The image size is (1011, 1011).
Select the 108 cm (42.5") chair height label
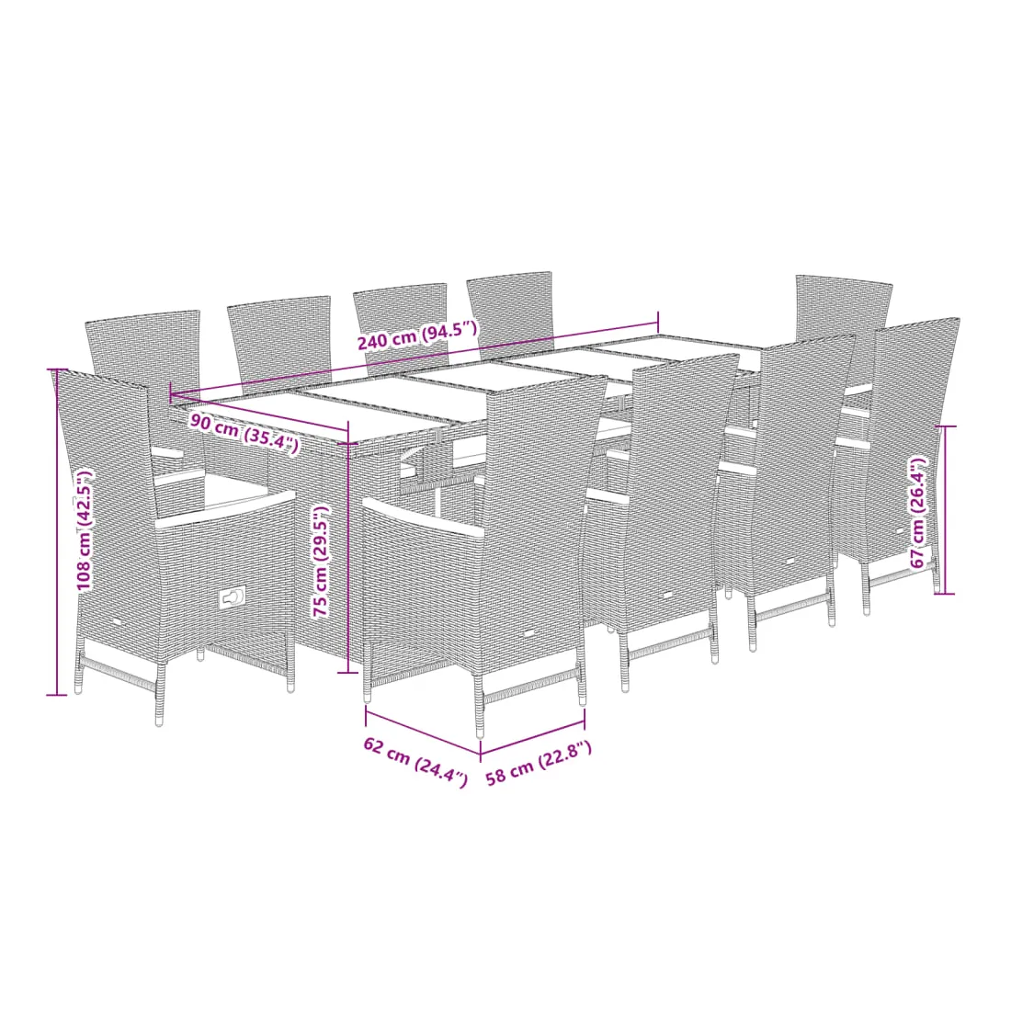[x=85, y=530]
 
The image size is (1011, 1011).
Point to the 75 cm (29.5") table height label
[x=321, y=561]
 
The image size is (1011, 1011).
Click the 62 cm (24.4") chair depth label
[x=415, y=762]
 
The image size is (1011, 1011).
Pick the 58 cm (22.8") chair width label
[x=539, y=763]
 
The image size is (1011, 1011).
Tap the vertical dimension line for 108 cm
[x=57, y=532]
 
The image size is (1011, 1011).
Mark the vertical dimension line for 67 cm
[x=945, y=509]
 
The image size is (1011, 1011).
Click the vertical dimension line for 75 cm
[x=348, y=546]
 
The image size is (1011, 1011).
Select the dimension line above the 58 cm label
[x=532, y=738]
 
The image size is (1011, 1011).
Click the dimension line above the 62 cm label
[x=423, y=733]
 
